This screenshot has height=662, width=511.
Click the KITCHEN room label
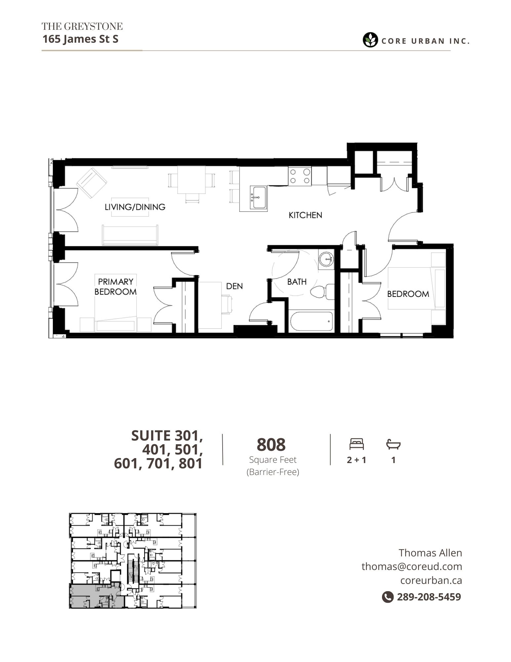click(305, 215)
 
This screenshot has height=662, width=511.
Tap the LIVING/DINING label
click(135, 207)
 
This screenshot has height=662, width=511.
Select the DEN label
click(234, 286)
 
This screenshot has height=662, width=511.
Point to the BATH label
click(297, 282)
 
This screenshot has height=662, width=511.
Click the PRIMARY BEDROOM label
click(115, 287)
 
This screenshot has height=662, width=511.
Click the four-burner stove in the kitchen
click(300, 176)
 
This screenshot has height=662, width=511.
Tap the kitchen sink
click(258, 197)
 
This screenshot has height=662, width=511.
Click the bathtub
click(311, 321)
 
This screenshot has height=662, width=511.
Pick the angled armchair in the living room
click(92, 183)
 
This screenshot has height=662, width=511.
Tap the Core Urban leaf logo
click(370, 40)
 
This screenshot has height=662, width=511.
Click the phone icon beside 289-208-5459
click(388, 597)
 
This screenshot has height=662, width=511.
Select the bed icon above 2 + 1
click(357, 444)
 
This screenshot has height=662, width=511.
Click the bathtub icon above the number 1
click(393, 444)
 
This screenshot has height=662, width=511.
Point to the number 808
click(271, 445)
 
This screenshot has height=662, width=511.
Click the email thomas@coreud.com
click(412, 566)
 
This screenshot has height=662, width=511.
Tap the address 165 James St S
click(80, 39)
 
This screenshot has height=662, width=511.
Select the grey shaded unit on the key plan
click(96, 596)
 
